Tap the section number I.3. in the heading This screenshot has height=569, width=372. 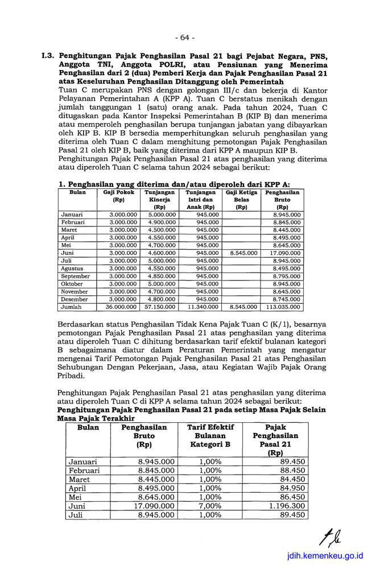pyautogui.click(x=48, y=57)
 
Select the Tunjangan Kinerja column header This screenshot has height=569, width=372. pyautogui.click(x=155, y=200)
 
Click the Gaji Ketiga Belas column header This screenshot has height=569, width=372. pyautogui.click(x=241, y=200)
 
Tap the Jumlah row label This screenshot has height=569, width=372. pyautogui.click(x=71, y=307)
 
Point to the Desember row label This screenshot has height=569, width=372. pyautogui.click(x=74, y=299)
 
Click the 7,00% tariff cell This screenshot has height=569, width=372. pyautogui.click(x=210, y=505)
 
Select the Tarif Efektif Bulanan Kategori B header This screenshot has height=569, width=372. pyautogui.click(x=210, y=436)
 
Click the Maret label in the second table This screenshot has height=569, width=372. pyautogui.click(x=80, y=479)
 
